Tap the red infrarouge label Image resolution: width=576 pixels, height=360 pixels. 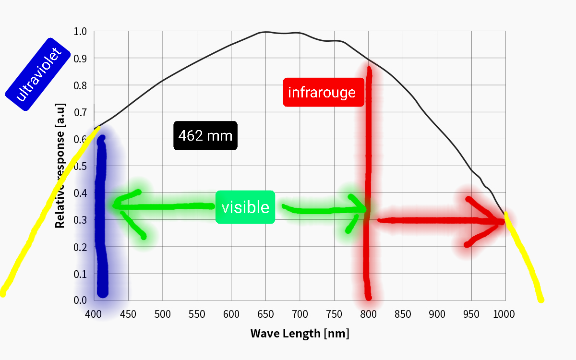coord(322,92)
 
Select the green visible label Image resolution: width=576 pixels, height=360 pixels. coord(245,207)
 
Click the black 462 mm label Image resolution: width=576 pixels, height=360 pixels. coord(205,136)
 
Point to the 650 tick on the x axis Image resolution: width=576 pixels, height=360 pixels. coord(265,314)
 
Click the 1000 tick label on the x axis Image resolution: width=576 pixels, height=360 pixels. coord(504,314)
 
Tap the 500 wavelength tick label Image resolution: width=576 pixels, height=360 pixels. coord(163,314)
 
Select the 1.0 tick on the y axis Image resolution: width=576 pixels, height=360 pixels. coord(80,32)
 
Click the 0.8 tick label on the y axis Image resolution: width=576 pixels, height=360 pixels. coord(80,85)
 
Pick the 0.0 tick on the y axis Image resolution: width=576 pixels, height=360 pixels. coord(80,300)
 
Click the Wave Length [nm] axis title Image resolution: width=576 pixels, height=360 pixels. coord(300,333)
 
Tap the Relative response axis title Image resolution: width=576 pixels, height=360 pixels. coord(60,166)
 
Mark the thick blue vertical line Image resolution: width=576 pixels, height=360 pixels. coord(101,216)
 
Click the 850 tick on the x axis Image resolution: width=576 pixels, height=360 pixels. coord(402,314)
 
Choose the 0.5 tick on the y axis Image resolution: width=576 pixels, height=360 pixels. coord(80,166)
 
